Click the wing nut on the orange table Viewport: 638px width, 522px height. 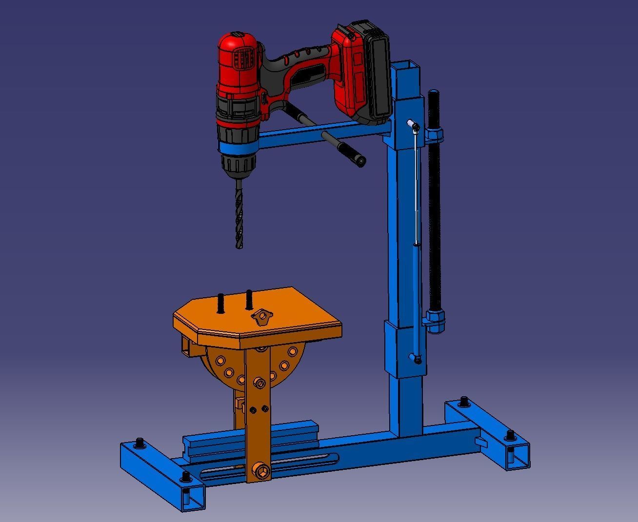261,317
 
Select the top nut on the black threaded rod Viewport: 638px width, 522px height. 435,134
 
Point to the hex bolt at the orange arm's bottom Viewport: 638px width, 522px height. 259,471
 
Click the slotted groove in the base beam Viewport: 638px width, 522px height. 273,465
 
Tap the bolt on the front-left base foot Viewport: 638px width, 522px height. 186,476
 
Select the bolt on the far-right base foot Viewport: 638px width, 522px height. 510,434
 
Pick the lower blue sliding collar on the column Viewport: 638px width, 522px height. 404,348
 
